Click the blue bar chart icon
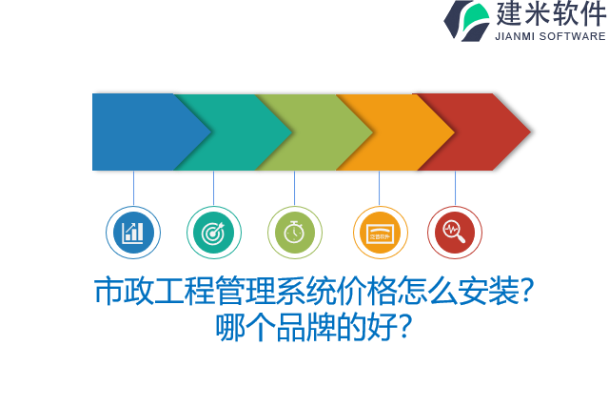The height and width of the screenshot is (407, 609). point(133,233)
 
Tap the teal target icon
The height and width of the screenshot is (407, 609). point(214,233)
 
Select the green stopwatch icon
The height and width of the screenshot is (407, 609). point(295,233)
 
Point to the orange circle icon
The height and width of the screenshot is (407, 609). point(380,233)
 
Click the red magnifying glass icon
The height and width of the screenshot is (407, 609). point(455,233)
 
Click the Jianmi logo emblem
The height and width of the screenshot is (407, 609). point(466,20)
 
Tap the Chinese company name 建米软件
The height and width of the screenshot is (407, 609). point(550,14)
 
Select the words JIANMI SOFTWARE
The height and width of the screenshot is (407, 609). point(550,36)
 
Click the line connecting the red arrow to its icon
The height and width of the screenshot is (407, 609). point(455,188)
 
